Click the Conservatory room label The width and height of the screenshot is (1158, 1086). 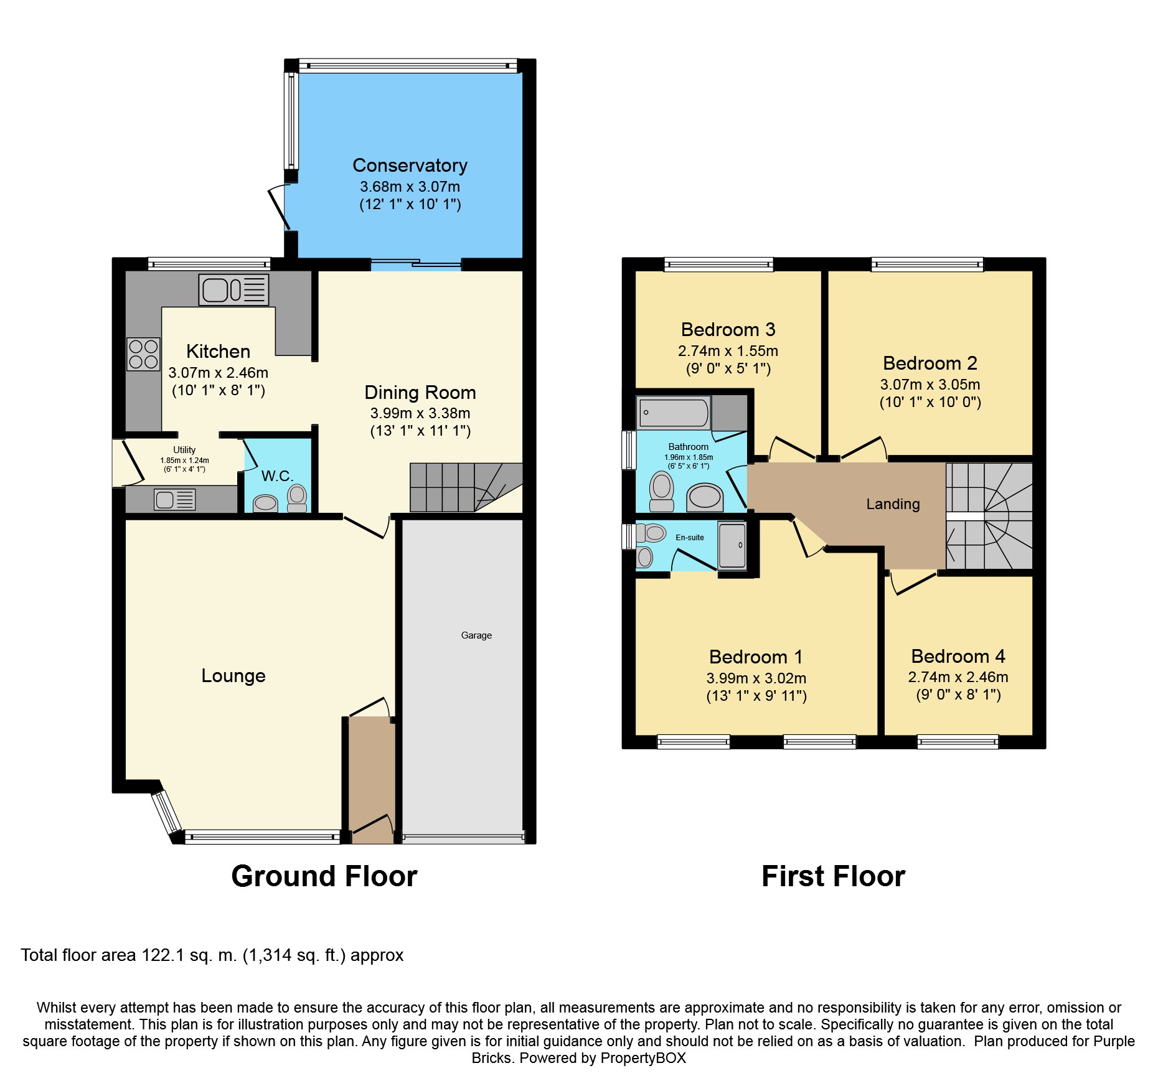tap(410, 166)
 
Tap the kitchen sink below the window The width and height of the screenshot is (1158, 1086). tap(233, 290)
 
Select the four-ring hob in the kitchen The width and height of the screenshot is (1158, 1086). tap(143, 354)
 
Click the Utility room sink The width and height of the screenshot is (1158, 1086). tap(175, 500)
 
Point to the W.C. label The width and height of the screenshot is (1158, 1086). tap(277, 476)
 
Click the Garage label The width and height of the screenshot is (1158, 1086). tap(476, 635)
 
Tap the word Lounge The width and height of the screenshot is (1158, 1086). tap(233, 676)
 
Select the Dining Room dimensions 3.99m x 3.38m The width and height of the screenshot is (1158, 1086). tap(420, 413)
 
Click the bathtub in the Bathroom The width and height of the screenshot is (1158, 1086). tap(674, 413)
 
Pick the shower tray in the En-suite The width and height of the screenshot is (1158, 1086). tap(732, 546)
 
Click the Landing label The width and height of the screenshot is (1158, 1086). tap(893, 504)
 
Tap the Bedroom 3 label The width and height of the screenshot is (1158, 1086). tap(728, 330)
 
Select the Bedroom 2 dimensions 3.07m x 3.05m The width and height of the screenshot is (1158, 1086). tap(930, 385)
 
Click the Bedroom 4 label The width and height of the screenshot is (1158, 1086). tap(958, 657)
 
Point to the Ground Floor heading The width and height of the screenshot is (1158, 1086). tap(324, 876)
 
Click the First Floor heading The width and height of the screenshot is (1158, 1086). tap(833, 876)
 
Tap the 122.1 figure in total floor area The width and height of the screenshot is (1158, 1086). tap(163, 955)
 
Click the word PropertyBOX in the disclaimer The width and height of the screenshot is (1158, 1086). tap(643, 1058)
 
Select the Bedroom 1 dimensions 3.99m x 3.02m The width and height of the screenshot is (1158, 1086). tap(756, 678)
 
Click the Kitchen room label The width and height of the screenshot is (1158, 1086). tap(218, 352)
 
